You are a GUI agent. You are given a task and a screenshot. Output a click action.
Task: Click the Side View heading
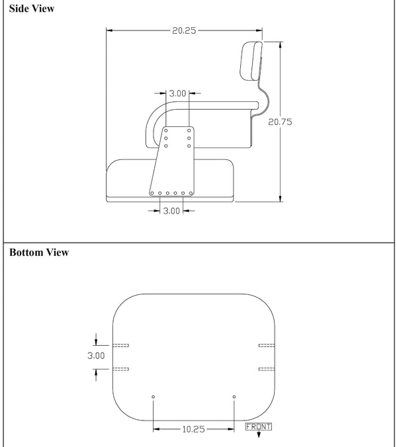(32, 9)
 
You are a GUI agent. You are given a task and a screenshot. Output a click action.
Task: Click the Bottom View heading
(39, 253)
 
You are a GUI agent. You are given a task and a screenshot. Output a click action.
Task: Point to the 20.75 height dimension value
(280, 122)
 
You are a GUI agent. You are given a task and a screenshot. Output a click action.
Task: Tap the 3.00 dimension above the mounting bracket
(177, 93)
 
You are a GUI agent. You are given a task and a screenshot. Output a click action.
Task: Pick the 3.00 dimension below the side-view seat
(171, 210)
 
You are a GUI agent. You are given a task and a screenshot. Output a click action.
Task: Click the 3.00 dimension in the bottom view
(97, 355)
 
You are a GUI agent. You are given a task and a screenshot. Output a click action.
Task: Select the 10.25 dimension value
(193, 429)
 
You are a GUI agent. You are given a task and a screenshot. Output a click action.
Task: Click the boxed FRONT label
(258, 427)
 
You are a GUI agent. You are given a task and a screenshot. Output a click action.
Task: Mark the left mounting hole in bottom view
(154, 397)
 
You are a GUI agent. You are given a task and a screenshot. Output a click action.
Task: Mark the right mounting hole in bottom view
(234, 397)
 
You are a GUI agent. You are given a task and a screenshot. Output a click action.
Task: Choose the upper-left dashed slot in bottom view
(121, 345)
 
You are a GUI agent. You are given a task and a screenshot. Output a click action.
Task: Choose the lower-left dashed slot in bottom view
(121, 368)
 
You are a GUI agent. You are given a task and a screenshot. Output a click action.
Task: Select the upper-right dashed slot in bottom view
(266, 345)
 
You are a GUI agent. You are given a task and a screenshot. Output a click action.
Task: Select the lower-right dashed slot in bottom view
(266, 368)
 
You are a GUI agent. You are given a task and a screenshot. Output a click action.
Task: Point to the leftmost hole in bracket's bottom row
(152, 194)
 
